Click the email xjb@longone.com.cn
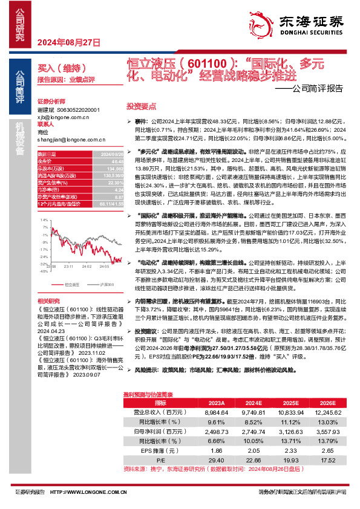[x=61, y=118]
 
